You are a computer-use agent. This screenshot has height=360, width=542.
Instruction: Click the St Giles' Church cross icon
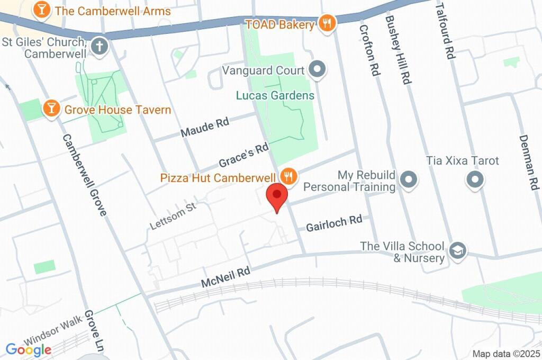(99, 47)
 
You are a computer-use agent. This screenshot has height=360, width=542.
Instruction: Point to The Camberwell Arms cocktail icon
(42, 10)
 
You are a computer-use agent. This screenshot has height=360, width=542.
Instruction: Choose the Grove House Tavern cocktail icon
(51, 109)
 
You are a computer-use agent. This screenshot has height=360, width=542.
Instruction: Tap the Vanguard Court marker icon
(317, 69)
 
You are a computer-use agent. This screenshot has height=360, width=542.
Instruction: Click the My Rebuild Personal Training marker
(409, 180)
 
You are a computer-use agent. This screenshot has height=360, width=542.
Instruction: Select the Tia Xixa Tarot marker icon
(475, 180)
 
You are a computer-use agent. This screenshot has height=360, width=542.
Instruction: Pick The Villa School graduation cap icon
(457, 251)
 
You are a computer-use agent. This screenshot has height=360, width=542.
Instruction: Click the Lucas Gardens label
(275, 96)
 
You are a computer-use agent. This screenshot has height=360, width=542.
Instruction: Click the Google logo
(29, 349)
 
